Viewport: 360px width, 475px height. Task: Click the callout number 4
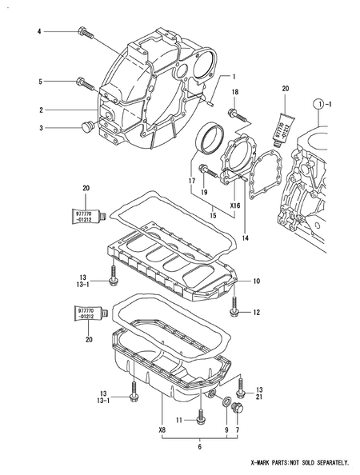(38, 31)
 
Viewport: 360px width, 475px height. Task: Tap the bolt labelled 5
(82, 81)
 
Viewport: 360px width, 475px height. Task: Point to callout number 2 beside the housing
(38, 109)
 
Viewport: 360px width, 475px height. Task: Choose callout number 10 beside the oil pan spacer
(257, 281)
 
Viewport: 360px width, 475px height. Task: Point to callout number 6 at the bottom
(201, 446)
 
